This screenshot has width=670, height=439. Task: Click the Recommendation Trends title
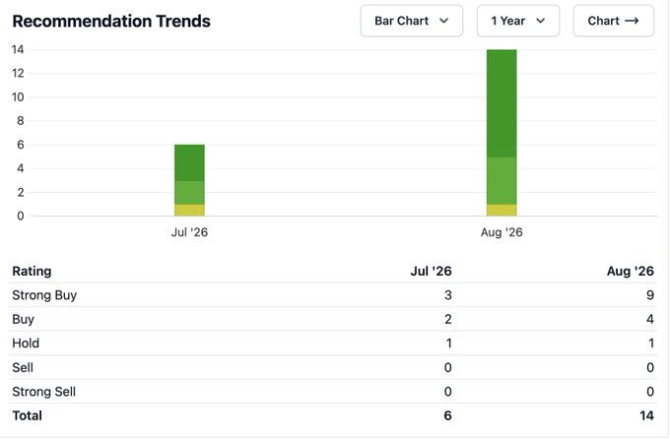tap(111, 21)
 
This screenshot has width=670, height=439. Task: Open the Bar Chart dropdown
tap(412, 21)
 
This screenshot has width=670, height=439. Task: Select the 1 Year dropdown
tap(518, 21)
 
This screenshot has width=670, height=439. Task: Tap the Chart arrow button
tap(613, 21)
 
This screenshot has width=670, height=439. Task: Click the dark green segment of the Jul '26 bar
tap(189, 162)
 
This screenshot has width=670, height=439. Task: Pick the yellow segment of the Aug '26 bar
tap(502, 210)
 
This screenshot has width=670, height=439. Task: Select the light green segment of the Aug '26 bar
tap(502, 181)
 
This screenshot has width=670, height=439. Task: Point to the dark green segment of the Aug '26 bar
tap(502, 103)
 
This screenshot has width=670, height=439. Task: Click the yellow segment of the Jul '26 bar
tap(189, 210)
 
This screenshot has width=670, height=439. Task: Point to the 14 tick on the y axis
tap(18, 49)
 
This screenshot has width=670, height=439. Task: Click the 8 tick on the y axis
tap(20, 121)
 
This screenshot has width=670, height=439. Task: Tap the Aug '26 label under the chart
tap(502, 232)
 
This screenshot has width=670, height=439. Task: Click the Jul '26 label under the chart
tap(189, 232)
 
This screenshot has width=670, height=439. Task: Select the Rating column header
tap(32, 271)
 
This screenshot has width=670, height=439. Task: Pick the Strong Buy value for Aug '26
tap(650, 295)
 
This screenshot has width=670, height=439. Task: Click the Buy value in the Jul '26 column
tap(447, 319)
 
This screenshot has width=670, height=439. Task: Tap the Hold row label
tap(26, 343)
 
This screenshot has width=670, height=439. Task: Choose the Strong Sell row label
tap(44, 392)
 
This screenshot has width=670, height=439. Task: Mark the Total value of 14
tap(647, 415)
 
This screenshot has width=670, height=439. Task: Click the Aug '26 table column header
tap(631, 271)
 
